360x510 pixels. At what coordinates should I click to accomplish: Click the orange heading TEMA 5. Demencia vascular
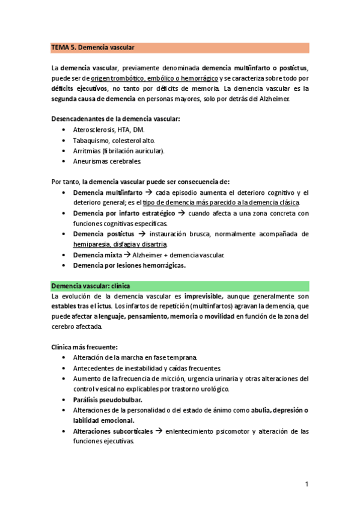[x=93, y=47]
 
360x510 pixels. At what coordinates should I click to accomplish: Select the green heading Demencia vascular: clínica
[x=90, y=286]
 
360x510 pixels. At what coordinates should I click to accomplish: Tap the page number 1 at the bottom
[x=307, y=484]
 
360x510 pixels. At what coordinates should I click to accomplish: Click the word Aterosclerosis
[x=95, y=129]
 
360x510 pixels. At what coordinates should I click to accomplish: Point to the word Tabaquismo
[x=90, y=140]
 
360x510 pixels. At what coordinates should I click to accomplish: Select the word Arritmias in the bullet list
[x=87, y=150]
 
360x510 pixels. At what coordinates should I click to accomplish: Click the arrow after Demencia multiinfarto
[x=147, y=192]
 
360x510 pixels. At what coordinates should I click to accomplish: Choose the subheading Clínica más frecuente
[x=84, y=347]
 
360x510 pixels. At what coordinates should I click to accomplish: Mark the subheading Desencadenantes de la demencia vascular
[x=115, y=118]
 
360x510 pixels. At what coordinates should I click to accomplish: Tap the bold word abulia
[x=261, y=410]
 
